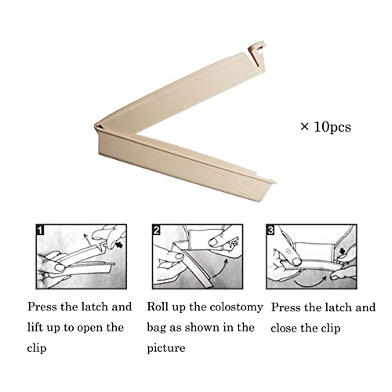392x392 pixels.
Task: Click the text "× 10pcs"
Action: click(x=325, y=127)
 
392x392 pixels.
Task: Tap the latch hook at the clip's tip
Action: click(x=256, y=53)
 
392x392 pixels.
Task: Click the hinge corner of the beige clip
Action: click(x=98, y=127)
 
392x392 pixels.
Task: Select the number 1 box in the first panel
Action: click(x=40, y=230)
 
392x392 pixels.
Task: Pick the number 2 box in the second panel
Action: click(x=156, y=230)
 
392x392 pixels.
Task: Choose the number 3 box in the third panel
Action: click(x=270, y=230)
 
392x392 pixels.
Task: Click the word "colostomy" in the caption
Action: click(x=236, y=307)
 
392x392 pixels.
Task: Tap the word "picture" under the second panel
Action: click(x=166, y=349)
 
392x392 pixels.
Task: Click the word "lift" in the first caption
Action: click(x=35, y=328)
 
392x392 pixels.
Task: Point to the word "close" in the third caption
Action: click(x=284, y=328)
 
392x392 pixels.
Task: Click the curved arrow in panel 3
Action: click(x=310, y=282)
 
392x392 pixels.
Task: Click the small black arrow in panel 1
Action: click(x=119, y=245)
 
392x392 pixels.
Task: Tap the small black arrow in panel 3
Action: click(x=343, y=252)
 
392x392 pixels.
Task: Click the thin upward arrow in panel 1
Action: click(x=88, y=240)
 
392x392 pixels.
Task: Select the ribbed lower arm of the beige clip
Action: click(x=183, y=165)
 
